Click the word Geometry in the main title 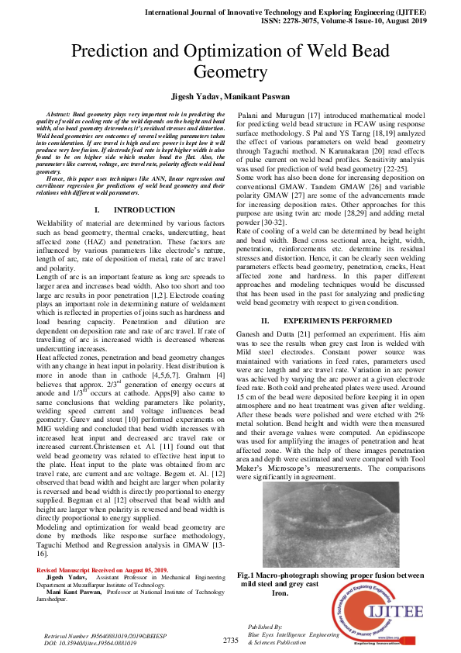pos(230,72)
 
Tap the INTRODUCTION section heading pos(144,210)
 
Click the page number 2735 pos(230,640)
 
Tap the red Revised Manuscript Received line pos(102,570)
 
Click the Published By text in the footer pos(264,626)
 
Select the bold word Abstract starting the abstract pos(60,114)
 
